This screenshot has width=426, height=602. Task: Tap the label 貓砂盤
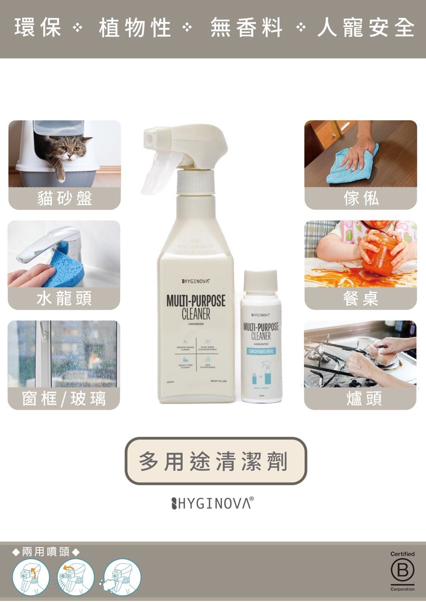click(x=64, y=198)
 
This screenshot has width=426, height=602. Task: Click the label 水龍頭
click(x=64, y=298)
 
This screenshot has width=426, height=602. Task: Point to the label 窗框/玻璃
click(x=64, y=398)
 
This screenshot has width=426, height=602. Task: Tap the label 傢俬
click(x=361, y=198)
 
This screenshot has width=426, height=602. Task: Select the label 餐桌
click(x=361, y=298)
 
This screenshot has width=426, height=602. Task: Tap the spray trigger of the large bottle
click(x=156, y=174)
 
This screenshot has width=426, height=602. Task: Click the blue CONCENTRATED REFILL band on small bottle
click(x=261, y=351)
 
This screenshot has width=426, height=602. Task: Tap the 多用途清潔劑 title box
click(x=216, y=461)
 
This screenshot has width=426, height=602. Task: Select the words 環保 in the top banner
click(x=38, y=28)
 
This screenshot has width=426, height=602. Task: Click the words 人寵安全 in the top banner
click(x=366, y=28)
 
